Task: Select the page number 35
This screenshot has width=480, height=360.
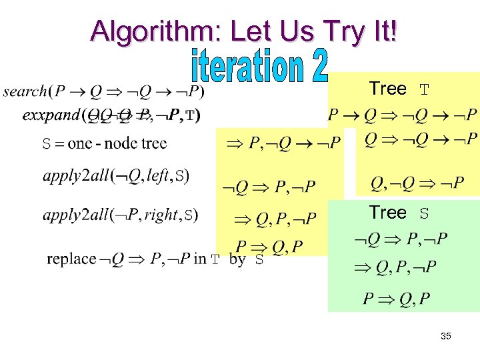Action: [446, 336]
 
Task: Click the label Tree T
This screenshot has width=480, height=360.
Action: [399, 89]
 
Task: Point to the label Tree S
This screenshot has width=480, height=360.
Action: [399, 213]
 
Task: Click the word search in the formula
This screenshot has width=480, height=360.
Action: [25, 91]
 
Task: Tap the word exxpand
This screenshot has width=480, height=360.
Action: [50, 115]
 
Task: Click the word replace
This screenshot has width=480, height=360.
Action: [71, 259]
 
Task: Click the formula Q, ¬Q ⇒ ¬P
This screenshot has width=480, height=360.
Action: [417, 183]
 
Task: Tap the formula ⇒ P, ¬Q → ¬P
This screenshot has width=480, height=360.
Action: [284, 141]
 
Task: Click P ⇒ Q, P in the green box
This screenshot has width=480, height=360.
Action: [396, 298]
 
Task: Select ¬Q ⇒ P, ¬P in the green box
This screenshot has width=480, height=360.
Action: [400, 239]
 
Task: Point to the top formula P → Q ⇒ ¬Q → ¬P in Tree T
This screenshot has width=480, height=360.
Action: [403, 115]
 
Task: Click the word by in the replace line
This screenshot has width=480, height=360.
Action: [237, 259]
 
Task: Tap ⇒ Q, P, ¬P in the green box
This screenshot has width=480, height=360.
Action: [396, 268]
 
